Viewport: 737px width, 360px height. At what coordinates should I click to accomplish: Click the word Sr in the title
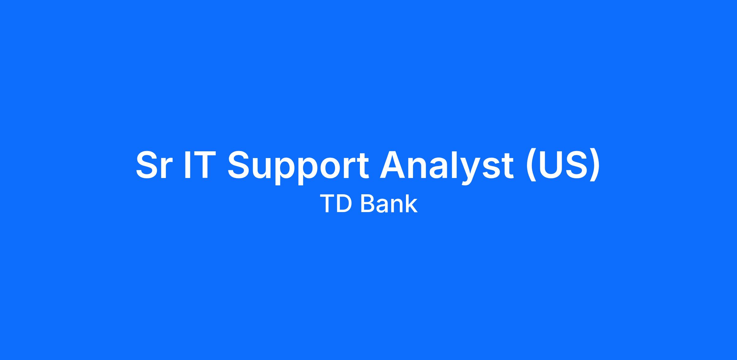pyautogui.click(x=152, y=165)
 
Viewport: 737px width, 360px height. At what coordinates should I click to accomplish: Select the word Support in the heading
pyautogui.click(x=298, y=168)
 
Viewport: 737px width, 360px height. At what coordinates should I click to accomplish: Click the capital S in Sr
pyautogui.click(x=146, y=165)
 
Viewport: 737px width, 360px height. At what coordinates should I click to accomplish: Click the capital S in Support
pyautogui.click(x=238, y=165)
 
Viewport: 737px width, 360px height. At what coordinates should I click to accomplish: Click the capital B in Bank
pyautogui.click(x=368, y=203)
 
